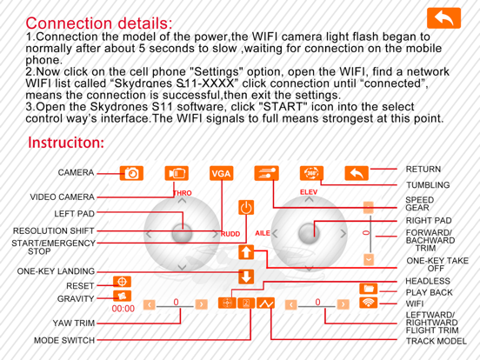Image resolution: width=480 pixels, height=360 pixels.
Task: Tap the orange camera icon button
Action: pyautogui.click(x=131, y=173)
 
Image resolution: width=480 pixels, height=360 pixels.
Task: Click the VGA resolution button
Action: pyautogui.click(x=222, y=173)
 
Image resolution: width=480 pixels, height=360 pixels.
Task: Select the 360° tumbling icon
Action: pyautogui.click(x=311, y=173)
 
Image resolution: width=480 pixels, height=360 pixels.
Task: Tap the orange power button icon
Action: pyautogui.click(x=246, y=208)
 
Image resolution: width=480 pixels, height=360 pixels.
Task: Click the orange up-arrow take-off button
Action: pyautogui.click(x=246, y=252)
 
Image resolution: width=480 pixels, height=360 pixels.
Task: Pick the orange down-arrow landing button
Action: pyautogui.click(x=246, y=277)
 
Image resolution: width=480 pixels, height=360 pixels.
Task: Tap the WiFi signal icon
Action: pyautogui.click(x=369, y=303)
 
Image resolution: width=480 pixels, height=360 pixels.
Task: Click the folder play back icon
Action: pyautogui.click(x=369, y=289)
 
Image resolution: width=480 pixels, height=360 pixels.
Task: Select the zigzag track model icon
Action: pyautogui.click(x=265, y=303)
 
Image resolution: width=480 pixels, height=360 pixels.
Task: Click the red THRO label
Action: pyautogui.click(x=183, y=193)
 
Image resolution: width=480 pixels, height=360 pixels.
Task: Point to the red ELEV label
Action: pyautogui.click(x=309, y=192)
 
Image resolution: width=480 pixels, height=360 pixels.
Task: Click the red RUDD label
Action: pyautogui.click(x=230, y=234)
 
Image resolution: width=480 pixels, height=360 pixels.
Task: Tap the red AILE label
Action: pyautogui.click(x=263, y=233)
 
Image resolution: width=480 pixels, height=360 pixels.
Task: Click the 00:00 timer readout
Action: pyautogui.click(x=123, y=309)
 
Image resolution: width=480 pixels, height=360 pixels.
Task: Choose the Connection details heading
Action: pyautogui.click(x=99, y=23)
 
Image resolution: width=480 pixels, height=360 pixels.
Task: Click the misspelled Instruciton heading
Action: pyautogui.click(x=66, y=143)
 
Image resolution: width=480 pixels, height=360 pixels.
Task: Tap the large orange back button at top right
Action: pyautogui.click(x=443, y=18)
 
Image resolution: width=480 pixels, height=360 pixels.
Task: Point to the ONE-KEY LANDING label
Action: pyautogui.click(x=56, y=271)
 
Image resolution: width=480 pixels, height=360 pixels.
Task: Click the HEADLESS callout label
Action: pyautogui.click(x=428, y=281)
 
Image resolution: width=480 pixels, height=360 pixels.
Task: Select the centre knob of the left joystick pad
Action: pyautogui.click(x=182, y=234)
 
